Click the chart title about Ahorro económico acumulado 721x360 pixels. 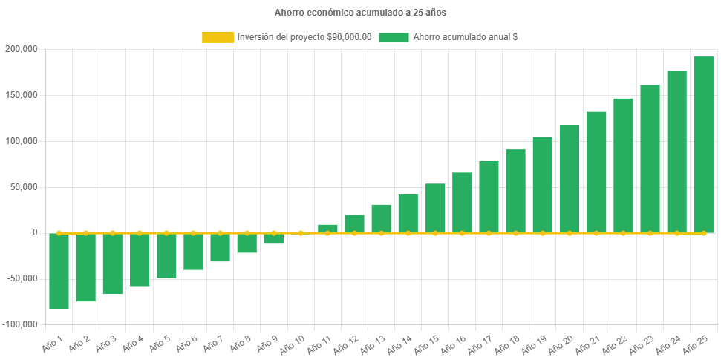360,13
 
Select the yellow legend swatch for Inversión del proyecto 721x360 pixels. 217,37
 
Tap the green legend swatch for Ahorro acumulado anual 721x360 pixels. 394,37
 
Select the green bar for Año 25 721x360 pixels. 703,145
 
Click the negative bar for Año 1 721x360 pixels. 59,271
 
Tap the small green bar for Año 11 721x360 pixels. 327,229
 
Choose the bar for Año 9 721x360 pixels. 274,238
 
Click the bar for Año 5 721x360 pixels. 166,255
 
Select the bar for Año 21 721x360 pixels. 596,172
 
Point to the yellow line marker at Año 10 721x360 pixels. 301,233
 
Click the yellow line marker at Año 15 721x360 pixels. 435,233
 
